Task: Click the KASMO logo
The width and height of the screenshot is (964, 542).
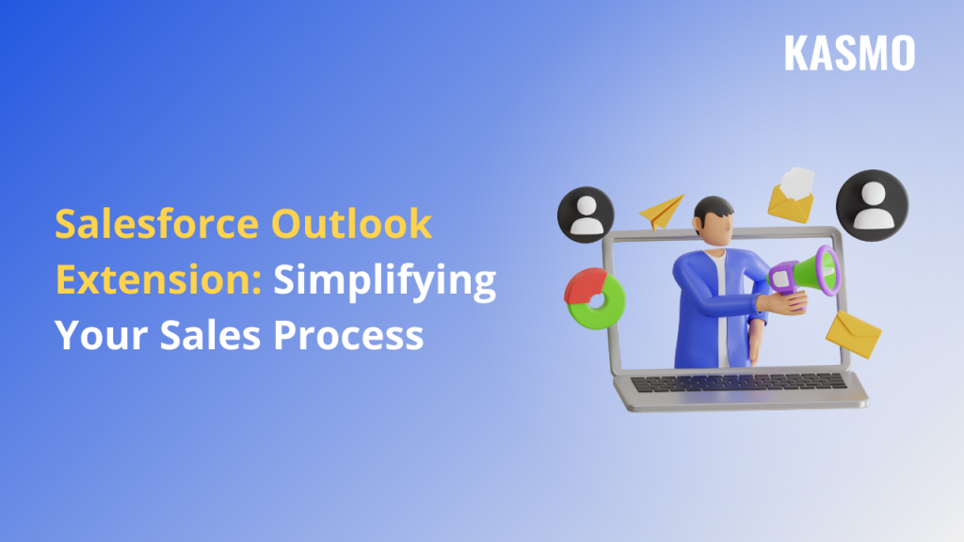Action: (x=849, y=54)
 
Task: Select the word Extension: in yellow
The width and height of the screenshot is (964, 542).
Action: (x=158, y=280)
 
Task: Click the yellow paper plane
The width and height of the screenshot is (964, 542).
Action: (x=662, y=210)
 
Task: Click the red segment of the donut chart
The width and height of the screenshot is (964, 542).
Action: (x=585, y=282)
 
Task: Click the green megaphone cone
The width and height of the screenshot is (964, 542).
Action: (x=815, y=273)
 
